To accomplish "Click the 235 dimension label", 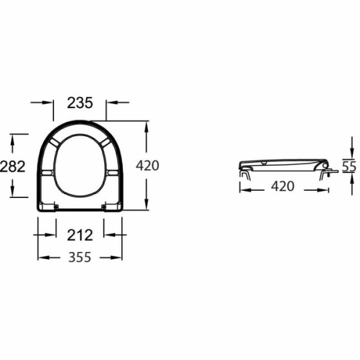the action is pos(80,103).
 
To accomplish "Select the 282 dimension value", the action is pos(13,166).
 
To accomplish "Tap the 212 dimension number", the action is pos(80,235).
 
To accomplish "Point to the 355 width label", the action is pos(80,257).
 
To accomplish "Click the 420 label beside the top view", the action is pos(148,166).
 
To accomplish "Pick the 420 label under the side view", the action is pos(283,186).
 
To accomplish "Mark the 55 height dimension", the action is pos(349,166).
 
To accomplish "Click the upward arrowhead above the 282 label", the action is pos(13,140).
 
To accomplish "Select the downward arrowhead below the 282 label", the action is pos(13,191).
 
